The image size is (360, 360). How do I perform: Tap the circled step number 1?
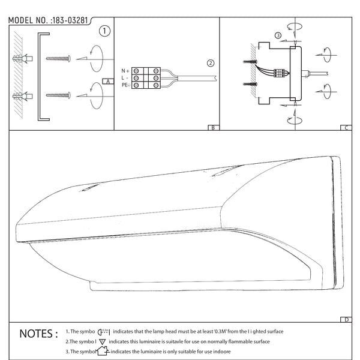click(104, 31)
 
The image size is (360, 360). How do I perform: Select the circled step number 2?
click(210, 63)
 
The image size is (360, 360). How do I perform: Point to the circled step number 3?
click(278, 35)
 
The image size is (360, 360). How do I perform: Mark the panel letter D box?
click(346, 319)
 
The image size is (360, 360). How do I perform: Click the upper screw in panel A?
click(58, 59)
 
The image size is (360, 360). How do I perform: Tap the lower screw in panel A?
click(58, 94)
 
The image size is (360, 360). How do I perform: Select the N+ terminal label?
click(125, 70)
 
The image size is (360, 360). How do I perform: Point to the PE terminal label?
click(125, 85)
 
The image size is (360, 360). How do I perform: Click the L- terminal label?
click(124, 78)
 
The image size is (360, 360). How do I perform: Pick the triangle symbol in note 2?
click(103, 341)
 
